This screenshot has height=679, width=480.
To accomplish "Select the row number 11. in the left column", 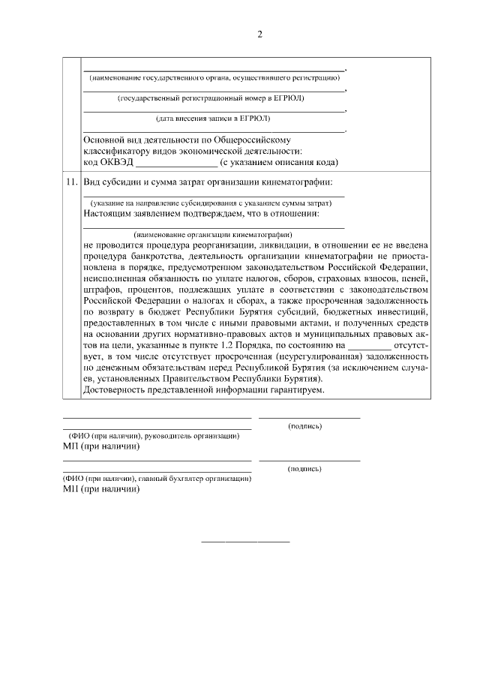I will (x=71, y=182).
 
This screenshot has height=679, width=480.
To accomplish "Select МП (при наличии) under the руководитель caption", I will (x=101, y=446).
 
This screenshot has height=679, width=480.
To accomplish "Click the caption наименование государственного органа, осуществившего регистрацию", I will (x=214, y=78).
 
